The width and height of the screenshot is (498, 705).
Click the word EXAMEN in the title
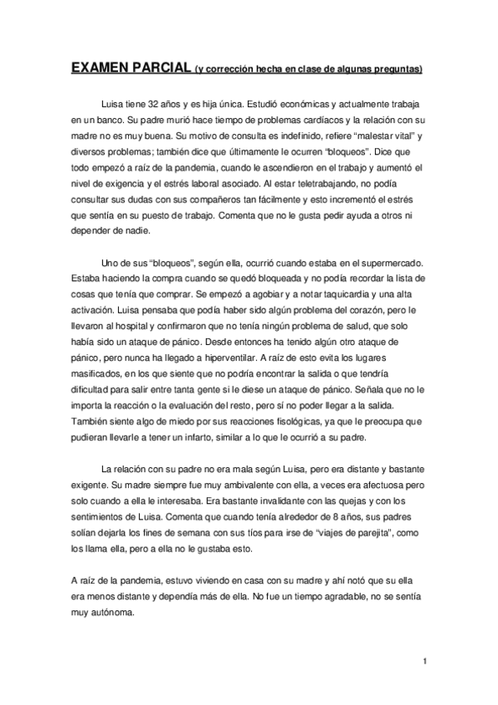tap(101, 67)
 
